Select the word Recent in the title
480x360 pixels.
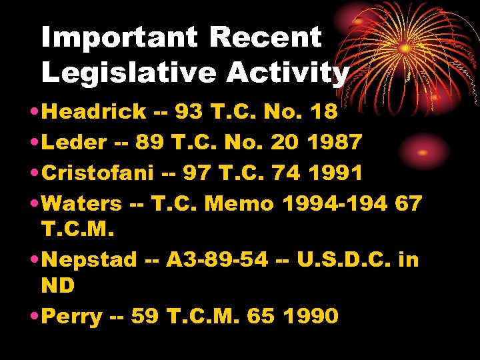[265, 38]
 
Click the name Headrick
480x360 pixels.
[93, 111]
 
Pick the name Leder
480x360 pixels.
[74, 142]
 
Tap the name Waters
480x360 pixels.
[82, 203]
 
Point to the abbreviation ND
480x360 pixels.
[58, 286]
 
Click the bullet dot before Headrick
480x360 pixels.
[33, 112]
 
